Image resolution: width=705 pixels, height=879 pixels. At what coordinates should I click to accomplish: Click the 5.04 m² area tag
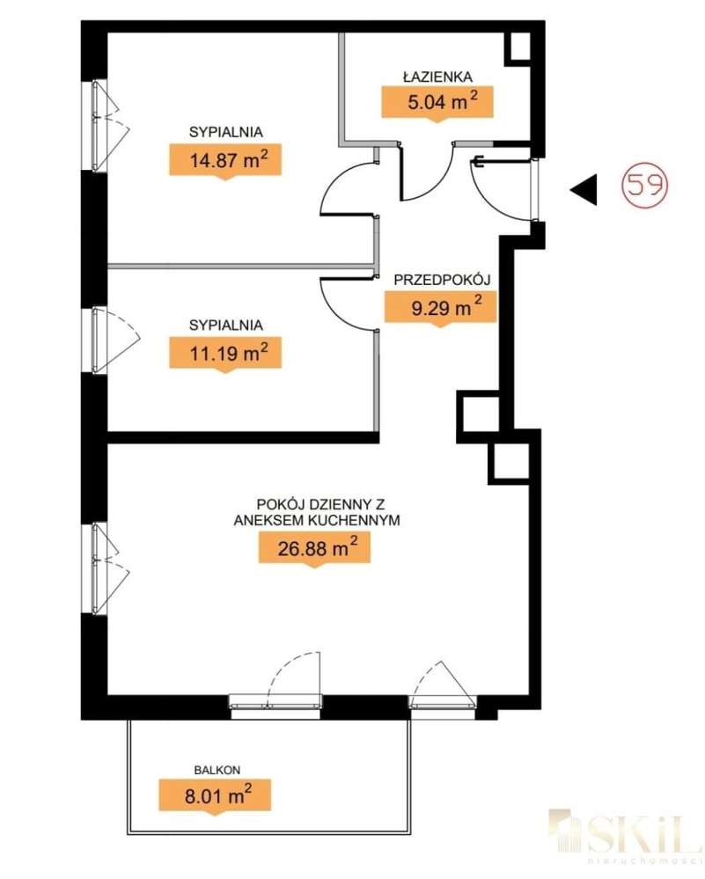(437, 101)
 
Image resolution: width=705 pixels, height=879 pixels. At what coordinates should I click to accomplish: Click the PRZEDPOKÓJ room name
(441, 280)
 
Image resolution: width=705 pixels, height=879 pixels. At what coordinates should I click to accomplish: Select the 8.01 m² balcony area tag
(215, 796)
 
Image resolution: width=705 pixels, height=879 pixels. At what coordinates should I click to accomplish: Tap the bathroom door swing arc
(426, 176)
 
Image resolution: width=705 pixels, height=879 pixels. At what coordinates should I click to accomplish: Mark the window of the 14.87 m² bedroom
(98, 126)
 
